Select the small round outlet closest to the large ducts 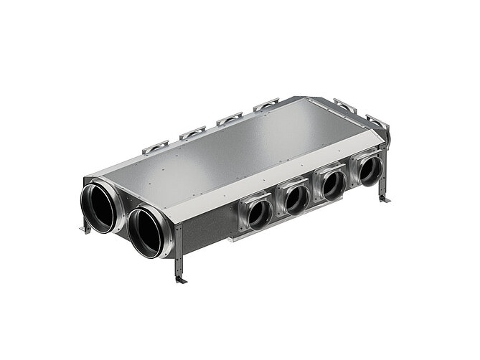[x=259, y=214]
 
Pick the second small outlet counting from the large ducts [x=296, y=200]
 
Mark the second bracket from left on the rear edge [x=192, y=133]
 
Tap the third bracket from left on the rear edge [x=230, y=118]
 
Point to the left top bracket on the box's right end [x=345, y=106]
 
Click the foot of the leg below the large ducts [x=180, y=280]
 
